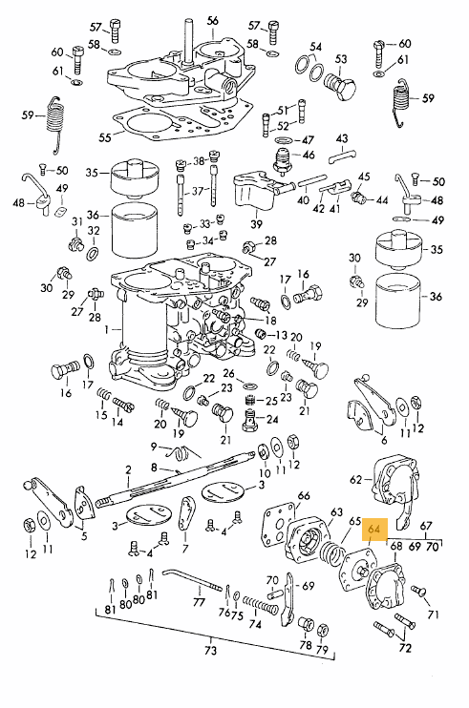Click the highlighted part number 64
[374, 529]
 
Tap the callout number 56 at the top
[212, 21]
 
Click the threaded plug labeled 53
[340, 85]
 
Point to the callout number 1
[106, 330]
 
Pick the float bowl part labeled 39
[256, 193]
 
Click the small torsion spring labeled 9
[181, 452]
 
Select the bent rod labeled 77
[192, 580]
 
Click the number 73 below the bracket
[210, 650]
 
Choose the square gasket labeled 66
[279, 525]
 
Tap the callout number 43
[342, 138]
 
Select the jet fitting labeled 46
[284, 159]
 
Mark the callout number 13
[281, 335]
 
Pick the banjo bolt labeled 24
[251, 420]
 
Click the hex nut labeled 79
[322, 631]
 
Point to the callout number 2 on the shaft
[128, 470]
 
